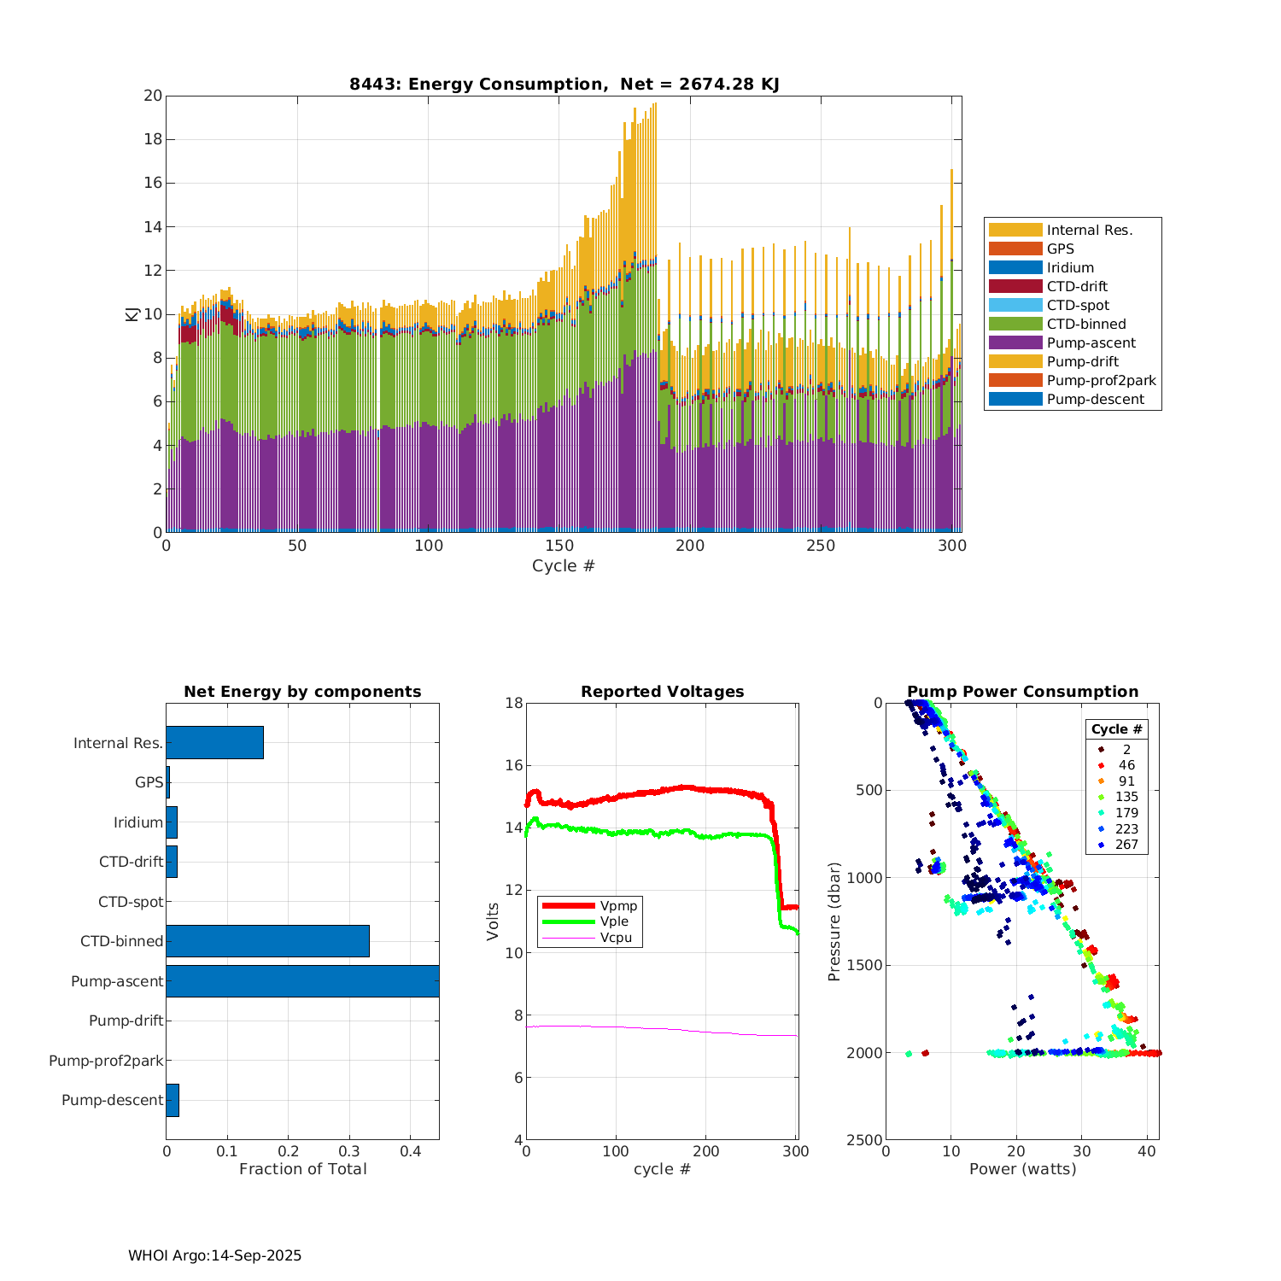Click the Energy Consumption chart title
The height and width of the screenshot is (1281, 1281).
[564, 84]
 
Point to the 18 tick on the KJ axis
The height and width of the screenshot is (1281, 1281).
[153, 139]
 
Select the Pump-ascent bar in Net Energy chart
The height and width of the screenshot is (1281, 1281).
[302, 981]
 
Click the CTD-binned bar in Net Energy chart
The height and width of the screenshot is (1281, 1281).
[267, 941]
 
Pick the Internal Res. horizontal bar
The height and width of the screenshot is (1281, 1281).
[214, 743]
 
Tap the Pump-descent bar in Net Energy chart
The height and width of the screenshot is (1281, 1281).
[173, 1100]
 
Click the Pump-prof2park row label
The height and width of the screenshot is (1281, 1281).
[106, 1061]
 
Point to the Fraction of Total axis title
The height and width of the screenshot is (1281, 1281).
[302, 1169]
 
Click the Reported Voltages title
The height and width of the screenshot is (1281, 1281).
[662, 692]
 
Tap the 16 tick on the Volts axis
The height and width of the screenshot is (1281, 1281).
[512, 765]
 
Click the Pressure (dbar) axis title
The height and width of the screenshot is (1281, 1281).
[834, 921]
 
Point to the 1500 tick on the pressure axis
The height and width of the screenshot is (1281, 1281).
[865, 965]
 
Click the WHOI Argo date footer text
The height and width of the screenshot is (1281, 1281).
[214, 1255]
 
